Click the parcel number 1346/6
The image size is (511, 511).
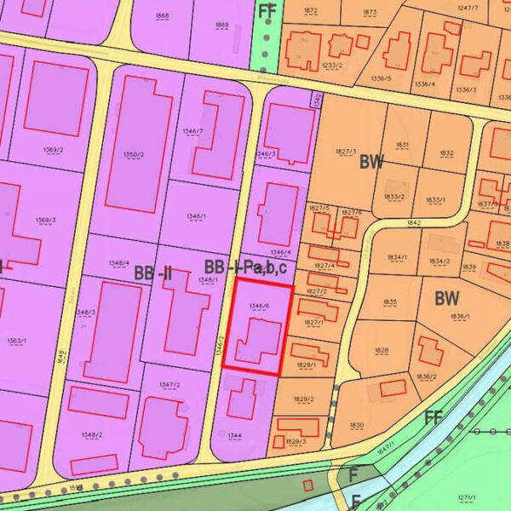point(259,305)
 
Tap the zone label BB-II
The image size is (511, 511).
point(152,273)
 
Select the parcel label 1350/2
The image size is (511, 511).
point(132,154)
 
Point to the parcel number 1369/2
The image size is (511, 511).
point(53,150)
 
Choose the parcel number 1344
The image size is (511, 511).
point(235,434)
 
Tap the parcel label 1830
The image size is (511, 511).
point(356,425)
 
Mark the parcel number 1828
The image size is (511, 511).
point(381,350)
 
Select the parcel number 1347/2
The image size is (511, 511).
point(169,385)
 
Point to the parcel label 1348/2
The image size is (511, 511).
point(92,434)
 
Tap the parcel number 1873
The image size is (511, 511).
point(369,12)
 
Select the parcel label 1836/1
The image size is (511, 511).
point(460,317)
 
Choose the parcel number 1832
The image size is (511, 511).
point(446,153)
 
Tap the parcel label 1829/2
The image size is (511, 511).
point(305,399)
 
